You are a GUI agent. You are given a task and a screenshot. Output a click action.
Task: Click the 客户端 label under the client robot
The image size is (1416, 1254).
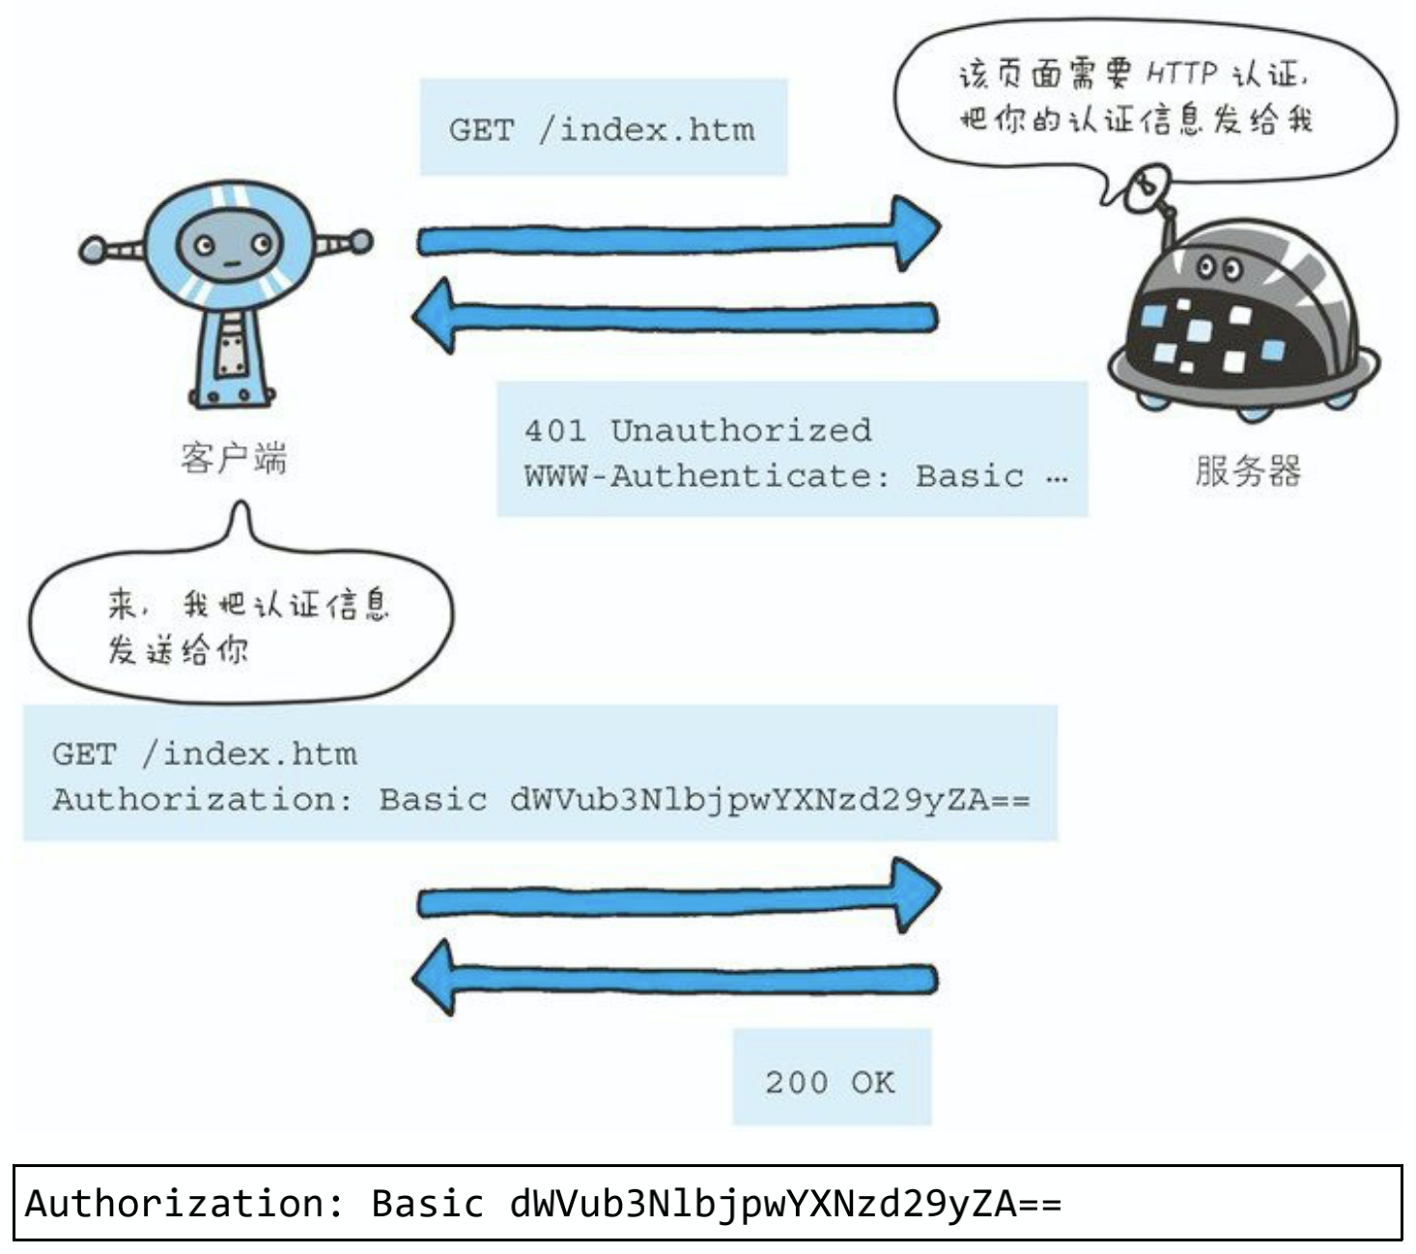click(234, 458)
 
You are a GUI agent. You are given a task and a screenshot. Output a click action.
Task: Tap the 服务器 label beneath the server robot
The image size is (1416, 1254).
click(1247, 470)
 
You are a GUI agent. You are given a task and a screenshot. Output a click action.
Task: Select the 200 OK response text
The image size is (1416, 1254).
click(830, 1082)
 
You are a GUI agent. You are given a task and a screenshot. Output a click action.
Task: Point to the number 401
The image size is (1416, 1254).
click(554, 430)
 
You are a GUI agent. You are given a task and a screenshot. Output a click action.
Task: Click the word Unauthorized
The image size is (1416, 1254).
click(741, 430)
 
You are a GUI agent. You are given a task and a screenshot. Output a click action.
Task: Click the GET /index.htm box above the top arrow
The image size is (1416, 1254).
click(602, 128)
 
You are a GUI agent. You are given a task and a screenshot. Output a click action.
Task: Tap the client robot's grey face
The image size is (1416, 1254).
click(229, 245)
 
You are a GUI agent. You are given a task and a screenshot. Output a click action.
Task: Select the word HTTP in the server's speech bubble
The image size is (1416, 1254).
click(1183, 72)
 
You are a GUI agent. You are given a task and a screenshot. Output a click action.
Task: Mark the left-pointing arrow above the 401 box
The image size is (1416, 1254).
click(676, 316)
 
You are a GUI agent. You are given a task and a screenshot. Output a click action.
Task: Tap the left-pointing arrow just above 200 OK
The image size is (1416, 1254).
click(676, 978)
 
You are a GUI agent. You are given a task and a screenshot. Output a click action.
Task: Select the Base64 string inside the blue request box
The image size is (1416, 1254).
click(770, 800)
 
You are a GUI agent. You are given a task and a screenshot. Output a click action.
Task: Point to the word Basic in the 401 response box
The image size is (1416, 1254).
click(969, 476)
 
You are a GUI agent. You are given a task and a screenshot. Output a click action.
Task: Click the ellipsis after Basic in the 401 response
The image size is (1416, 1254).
click(1057, 478)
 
